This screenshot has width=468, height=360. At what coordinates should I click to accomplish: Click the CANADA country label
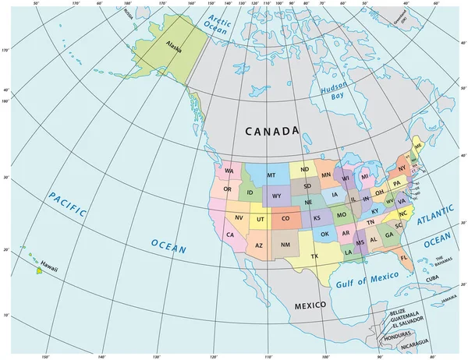(271, 132)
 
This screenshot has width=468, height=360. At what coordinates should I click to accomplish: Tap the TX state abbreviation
(316, 256)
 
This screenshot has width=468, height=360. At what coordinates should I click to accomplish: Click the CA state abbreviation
(231, 234)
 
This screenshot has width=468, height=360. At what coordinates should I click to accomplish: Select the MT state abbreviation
(271, 175)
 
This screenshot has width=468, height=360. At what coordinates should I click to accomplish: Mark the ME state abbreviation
(419, 146)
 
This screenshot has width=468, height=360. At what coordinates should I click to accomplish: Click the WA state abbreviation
(229, 171)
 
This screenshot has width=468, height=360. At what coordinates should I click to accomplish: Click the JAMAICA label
(448, 297)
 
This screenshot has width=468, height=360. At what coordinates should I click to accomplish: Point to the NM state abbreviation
(285, 246)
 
